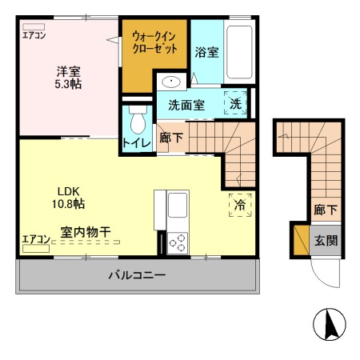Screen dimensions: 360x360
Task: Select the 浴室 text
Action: click(x=206, y=53)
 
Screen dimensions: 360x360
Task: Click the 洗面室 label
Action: click(x=186, y=105)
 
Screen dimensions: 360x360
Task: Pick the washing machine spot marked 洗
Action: click(x=238, y=104)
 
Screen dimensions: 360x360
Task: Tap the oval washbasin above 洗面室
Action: click(x=173, y=82)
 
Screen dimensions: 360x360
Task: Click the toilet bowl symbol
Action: click(x=137, y=121)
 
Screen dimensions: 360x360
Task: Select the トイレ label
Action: click(x=134, y=145)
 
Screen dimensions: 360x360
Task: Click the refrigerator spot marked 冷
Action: click(x=239, y=206)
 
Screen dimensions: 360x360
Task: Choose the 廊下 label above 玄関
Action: click(x=325, y=210)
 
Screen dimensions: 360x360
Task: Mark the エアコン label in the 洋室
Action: click(x=34, y=35)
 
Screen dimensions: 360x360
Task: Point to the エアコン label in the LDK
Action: click(x=36, y=238)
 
